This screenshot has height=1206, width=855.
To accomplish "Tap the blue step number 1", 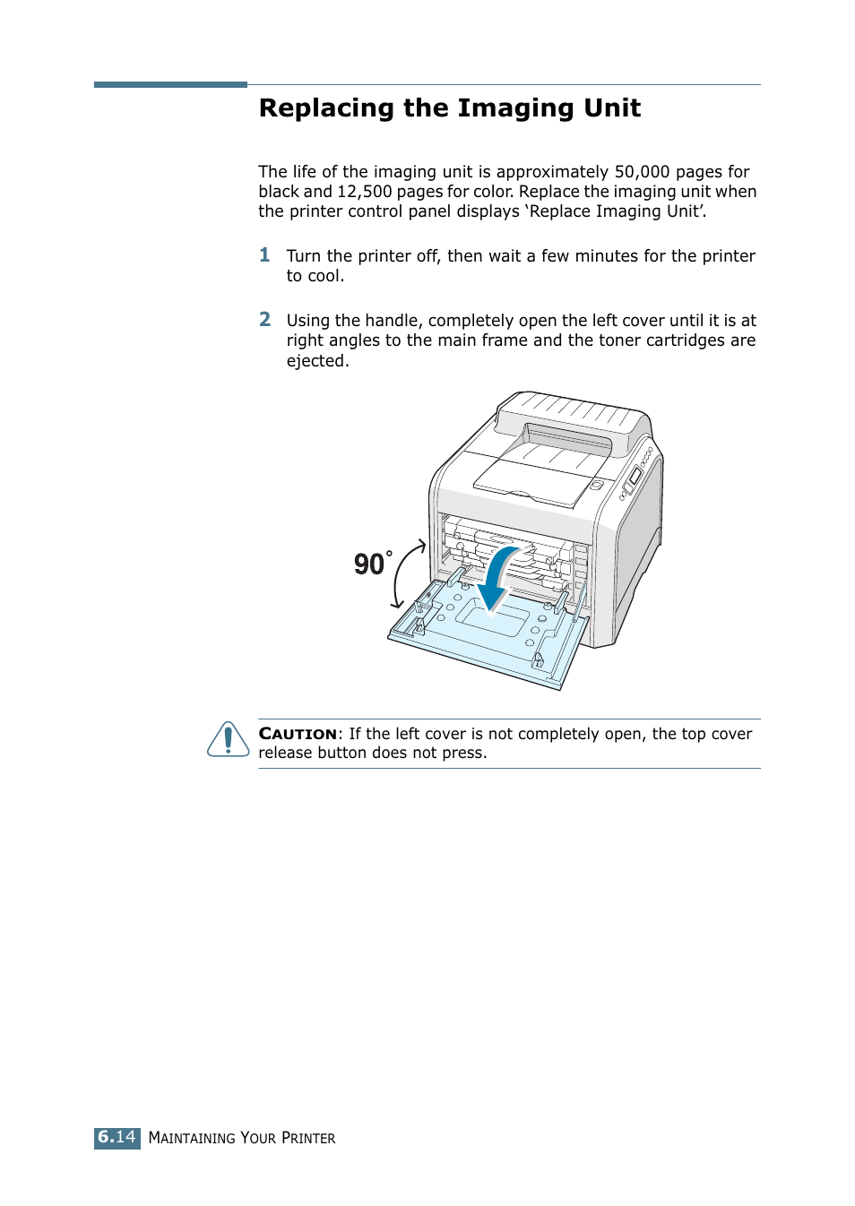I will click(264, 255).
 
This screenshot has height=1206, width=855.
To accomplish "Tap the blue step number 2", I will click(264, 320).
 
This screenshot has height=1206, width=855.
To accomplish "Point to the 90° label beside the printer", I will click(372, 564).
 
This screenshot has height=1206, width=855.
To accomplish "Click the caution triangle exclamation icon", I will click(229, 740).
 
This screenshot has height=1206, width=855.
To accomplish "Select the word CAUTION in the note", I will click(298, 734).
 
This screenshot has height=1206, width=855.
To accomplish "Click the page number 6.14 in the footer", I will click(117, 1137).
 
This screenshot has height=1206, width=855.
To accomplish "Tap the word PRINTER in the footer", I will click(308, 1138).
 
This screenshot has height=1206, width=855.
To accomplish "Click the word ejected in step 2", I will click(315, 361).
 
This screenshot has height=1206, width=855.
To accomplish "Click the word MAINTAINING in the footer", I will click(192, 1138).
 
